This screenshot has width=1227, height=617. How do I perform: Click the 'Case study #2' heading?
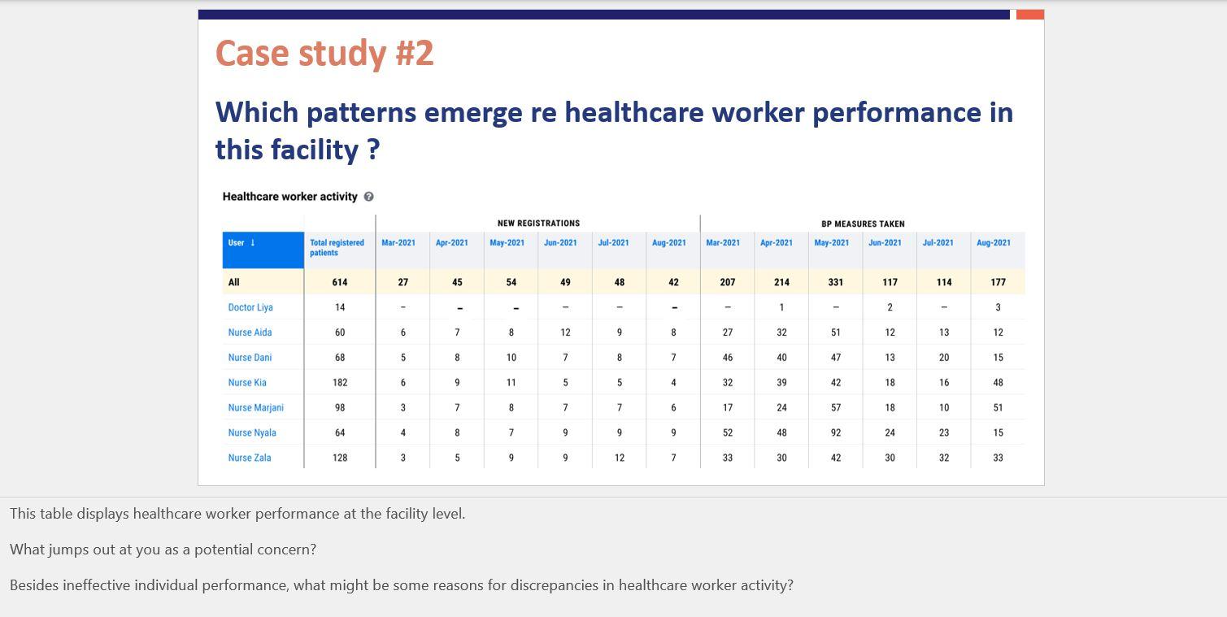pos(324,54)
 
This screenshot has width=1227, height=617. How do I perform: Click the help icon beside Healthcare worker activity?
pos(369,197)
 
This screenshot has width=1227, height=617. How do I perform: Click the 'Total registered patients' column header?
pos(337,248)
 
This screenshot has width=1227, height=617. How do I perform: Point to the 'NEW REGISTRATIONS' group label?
pos(538,224)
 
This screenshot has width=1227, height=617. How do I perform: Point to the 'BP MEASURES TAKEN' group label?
pos(863,224)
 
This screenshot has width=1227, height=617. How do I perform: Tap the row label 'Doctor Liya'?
pos(250,307)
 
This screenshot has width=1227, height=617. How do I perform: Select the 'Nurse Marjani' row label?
pos(255,407)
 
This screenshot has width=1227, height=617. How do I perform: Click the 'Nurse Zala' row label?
pos(250,458)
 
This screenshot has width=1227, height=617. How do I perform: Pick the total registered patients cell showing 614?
pos(340,282)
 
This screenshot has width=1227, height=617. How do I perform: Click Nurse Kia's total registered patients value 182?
pos(340,382)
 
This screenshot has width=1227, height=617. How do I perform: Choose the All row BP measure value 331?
pos(835,282)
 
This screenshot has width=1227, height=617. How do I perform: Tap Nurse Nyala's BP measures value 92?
pos(835,432)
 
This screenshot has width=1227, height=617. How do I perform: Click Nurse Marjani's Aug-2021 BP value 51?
pos(998,407)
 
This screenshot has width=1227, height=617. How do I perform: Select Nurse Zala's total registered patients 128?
pos(340,458)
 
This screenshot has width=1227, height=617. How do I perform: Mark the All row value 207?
pos(727,282)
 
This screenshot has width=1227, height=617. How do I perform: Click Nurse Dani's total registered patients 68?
pos(340,358)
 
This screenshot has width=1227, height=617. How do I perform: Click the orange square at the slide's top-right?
pos(1029,15)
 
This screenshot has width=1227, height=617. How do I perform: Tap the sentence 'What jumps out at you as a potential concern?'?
pos(163,550)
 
